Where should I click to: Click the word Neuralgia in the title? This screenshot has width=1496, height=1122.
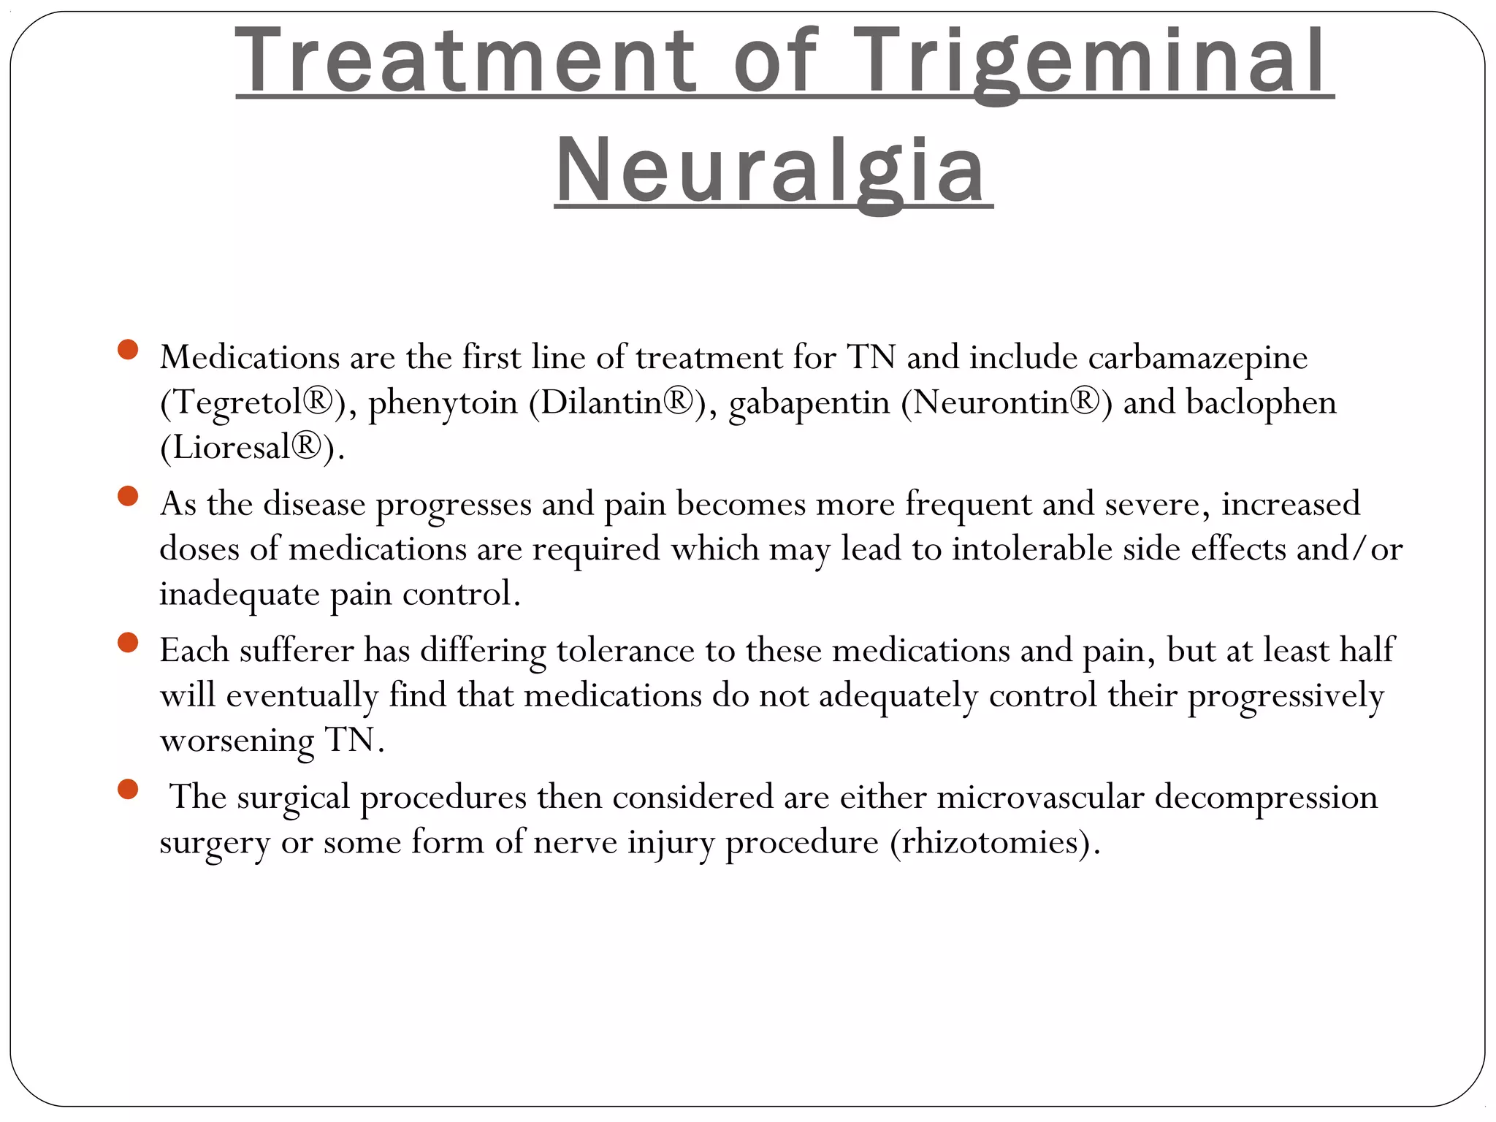click(772, 172)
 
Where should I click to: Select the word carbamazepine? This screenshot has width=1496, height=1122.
click(1197, 359)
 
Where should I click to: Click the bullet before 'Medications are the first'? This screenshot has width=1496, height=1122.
click(128, 350)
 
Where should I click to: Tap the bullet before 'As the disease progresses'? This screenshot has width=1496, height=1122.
click(128, 497)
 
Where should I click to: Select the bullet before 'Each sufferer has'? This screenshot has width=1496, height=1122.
click(128, 643)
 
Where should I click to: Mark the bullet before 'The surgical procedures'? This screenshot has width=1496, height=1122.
click(128, 790)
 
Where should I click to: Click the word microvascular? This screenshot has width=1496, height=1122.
click(1040, 797)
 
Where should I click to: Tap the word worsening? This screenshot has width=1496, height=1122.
click(237, 741)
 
